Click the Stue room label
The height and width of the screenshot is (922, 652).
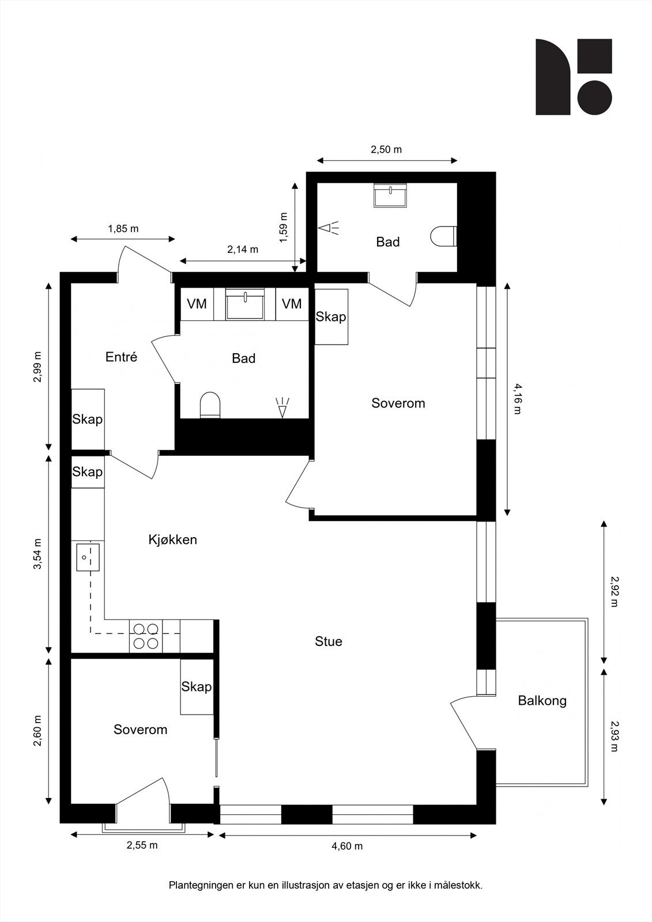pos(328,641)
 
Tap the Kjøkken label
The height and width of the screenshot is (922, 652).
pos(172,539)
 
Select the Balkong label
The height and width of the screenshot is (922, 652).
pos(542,701)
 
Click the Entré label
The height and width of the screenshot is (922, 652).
pos(121,357)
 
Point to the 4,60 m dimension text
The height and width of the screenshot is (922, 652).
pos(347,847)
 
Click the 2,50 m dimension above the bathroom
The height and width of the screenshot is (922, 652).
pos(386,149)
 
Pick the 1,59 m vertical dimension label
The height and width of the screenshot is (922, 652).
pos(284,228)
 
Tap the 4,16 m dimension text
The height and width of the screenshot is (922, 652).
pos(517,398)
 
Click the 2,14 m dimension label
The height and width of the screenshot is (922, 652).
pos(243,249)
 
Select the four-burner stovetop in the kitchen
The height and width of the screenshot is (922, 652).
pos(146,636)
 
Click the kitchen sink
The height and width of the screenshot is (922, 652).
pos(88,557)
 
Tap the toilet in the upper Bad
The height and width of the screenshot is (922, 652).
pos(443,236)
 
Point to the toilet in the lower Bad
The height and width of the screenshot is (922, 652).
pos(210,405)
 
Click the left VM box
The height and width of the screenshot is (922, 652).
pos(197,304)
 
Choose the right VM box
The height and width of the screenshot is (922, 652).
pos(292,304)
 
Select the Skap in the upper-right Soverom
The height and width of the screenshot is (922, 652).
pos(331,316)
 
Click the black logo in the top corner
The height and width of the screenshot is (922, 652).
pos(574,77)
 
